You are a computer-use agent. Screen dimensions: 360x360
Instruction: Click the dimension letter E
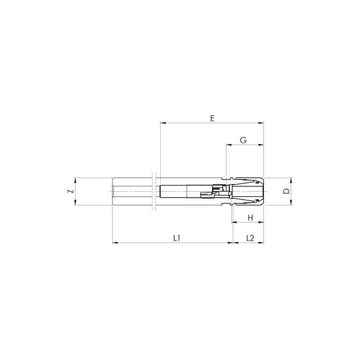pyautogui.click(x=212, y=118)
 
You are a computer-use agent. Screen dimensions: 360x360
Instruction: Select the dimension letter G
pyautogui.click(x=243, y=140)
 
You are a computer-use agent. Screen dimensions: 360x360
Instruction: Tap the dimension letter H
pyautogui.click(x=251, y=218)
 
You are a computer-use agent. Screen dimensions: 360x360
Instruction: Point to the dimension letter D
pyautogui.click(x=285, y=191)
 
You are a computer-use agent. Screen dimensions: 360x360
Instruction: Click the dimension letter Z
pyautogui.click(x=70, y=191)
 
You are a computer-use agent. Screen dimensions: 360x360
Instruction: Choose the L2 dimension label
pyautogui.click(x=251, y=238)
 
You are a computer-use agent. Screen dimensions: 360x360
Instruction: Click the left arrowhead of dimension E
pyautogui.click(x=162, y=122)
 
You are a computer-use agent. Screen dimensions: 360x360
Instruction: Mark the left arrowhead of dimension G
pyautogui.click(x=228, y=145)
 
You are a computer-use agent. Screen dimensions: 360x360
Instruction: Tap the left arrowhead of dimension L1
pyautogui.click(x=113, y=243)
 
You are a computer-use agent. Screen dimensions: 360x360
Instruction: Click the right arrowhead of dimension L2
pyautogui.click(x=262, y=243)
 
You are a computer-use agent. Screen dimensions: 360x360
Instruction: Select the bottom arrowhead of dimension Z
pyautogui.click(x=75, y=203)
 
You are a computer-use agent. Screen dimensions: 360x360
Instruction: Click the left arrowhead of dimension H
pyautogui.click(x=234, y=222)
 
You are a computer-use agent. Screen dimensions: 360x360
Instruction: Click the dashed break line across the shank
pyautogui.click(x=154, y=191)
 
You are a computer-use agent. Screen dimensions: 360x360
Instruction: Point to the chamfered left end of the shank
pyautogui.click(x=112, y=191)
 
